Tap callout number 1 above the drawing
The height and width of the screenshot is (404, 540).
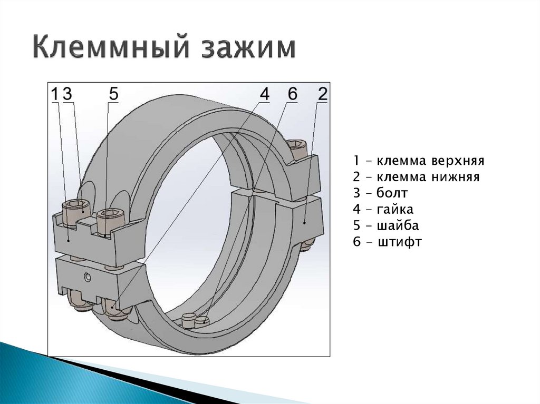pos(55,94)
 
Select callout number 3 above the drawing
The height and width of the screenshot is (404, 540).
pos(67,94)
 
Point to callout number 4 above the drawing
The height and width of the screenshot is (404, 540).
pos(264,94)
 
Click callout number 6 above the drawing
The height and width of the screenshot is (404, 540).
pos(293,94)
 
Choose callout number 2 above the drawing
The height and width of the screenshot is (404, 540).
pos(322,94)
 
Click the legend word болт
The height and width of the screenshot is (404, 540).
pos(393,193)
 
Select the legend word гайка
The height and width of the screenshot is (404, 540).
pos(396,209)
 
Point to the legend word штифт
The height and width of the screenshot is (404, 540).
pos(400,242)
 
